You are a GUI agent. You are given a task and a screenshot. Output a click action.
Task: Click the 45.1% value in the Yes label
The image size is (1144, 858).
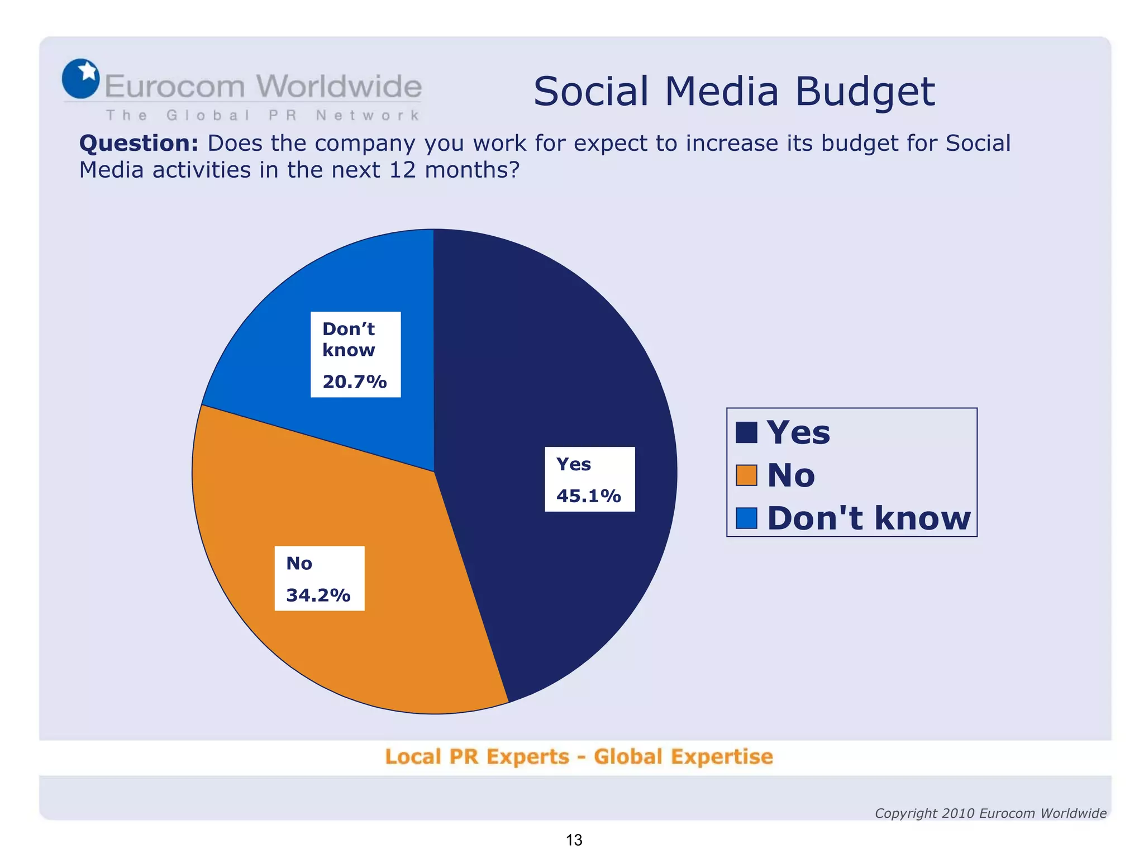(x=588, y=495)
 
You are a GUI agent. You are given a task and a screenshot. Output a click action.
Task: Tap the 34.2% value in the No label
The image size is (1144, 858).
(x=318, y=595)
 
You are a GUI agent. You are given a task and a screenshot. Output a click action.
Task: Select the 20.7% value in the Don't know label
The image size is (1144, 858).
(x=354, y=382)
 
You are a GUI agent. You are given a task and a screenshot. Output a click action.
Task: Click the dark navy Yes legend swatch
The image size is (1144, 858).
(x=746, y=432)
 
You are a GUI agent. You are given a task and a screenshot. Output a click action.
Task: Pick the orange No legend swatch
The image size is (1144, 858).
(x=746, y=475)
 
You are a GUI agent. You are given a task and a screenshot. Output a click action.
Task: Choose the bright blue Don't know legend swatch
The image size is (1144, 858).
(x=746, y=518)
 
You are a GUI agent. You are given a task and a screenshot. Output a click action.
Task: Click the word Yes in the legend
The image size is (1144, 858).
(x=798, y=432)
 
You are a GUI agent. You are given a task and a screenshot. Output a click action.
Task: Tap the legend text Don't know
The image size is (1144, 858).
(x=869, y=518)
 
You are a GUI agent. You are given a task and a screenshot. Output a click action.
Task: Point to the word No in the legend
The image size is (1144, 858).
(x=791, y=475)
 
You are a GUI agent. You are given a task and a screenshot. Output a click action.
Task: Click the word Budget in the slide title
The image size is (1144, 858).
(x=865, y=92)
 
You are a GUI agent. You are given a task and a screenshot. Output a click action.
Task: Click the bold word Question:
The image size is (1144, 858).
(x=139, y=144)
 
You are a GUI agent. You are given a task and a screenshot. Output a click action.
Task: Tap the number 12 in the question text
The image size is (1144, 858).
(x=402, y=170)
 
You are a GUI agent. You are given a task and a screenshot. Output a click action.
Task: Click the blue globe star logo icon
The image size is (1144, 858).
(x=81, y=79)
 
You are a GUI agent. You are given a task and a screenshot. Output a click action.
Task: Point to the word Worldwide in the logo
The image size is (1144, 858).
(x=339, y=87)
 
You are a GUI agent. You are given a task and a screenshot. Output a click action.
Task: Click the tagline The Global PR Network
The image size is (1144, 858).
(x=263, y=116)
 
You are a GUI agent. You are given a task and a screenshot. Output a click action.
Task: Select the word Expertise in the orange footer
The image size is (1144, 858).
(x=722, y=757)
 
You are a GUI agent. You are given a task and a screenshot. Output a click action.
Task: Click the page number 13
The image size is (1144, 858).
(x=574, y=840)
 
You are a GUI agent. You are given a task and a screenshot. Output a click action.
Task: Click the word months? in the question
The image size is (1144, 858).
(x=472, y=170)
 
